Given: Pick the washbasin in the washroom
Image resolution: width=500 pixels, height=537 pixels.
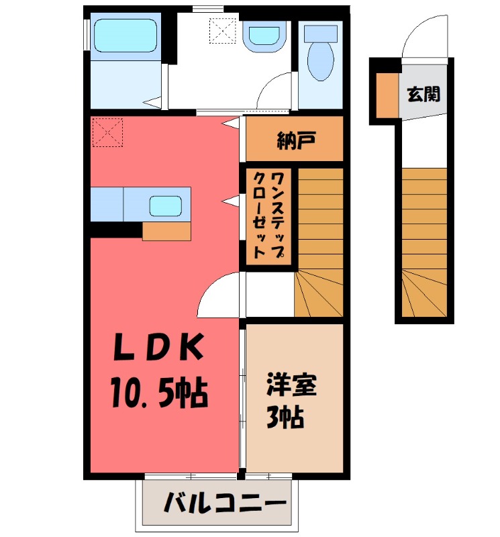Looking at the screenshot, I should (264, 38).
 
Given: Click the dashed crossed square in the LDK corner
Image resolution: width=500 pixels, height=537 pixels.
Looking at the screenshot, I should (107, 132).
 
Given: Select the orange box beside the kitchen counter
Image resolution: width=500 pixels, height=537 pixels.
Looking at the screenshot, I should (166, 230).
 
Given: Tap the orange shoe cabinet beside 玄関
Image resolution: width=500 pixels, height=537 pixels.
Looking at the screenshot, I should (387, 94).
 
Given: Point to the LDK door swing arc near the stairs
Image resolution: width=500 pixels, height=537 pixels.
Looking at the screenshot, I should (218, 293).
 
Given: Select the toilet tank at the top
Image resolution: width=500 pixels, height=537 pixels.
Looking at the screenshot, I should (321, 33).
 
